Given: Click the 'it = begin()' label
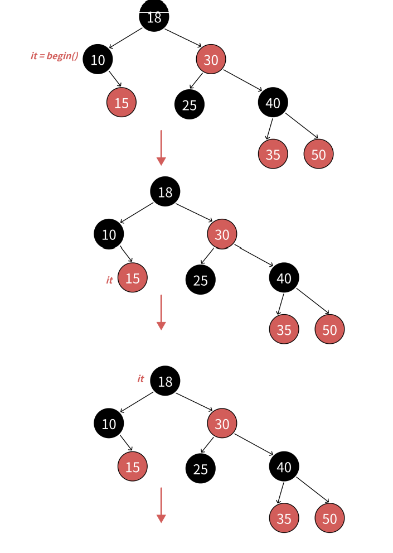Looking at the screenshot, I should click(54, 56).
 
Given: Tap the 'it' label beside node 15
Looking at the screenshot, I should click(109, 280).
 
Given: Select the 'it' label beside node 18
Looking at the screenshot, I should click(140, 378).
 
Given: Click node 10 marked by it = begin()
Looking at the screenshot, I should click(98, 59).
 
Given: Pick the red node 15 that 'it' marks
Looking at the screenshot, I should click(133, 277).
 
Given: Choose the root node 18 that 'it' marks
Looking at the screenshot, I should click(165, 381).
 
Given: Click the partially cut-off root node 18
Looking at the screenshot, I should click(154, 16).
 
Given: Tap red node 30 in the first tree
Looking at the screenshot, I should click(211, 59).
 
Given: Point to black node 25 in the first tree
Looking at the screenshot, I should click(190, 104).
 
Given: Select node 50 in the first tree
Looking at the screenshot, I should click(318, 154).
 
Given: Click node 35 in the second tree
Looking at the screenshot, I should click(284, 329).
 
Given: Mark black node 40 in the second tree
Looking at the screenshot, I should click(284, 277).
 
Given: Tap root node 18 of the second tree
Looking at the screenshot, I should click(165, 192).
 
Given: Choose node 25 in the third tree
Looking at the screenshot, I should click(201, 469).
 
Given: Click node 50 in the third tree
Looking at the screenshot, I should click(329, 518).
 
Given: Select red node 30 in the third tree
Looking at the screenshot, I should click(222, 424).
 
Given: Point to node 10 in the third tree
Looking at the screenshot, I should click(109, 424).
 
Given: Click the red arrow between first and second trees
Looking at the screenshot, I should click(161, 148).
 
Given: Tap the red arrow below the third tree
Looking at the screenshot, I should click(161, 505).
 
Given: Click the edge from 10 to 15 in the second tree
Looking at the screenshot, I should click(126, 254).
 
